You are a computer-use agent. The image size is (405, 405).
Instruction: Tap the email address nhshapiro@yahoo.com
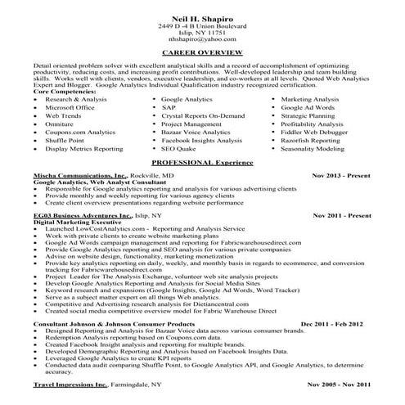[201, 39]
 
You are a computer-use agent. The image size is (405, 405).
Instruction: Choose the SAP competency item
[169, 107]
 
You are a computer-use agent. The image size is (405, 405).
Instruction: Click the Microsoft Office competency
[74, 107]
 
